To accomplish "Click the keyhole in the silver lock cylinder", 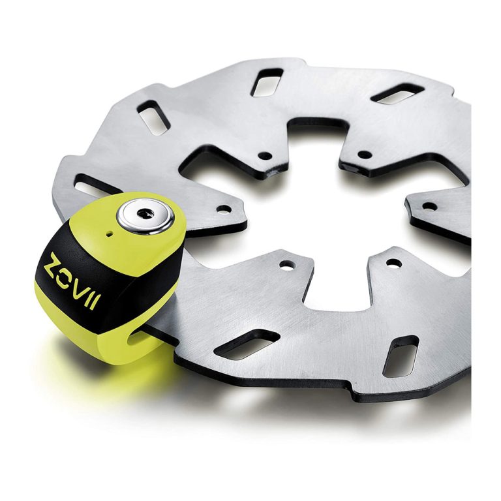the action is point(145,213).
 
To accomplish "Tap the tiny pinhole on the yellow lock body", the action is point(110,234).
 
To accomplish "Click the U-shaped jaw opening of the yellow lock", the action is point(141,338).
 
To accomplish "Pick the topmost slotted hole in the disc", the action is point(267,82).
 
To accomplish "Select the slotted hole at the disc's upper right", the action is point(398,94).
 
